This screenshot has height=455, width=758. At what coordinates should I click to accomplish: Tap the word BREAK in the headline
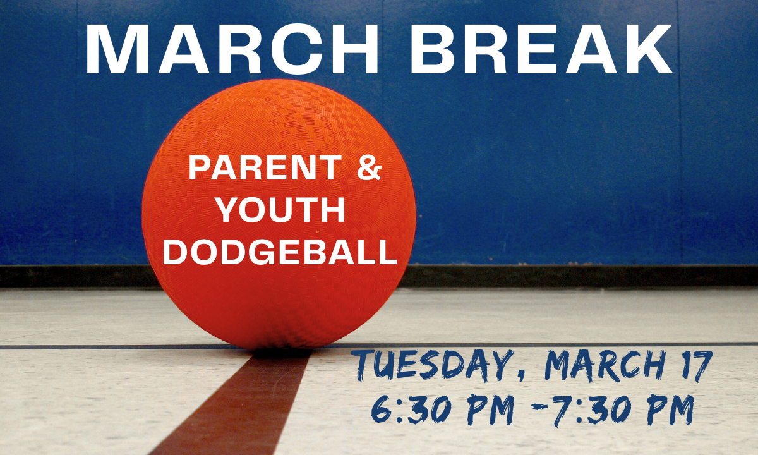click(541, 49)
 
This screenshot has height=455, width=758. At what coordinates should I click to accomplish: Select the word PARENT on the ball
click(265, 167)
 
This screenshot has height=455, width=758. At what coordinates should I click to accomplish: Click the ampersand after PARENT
click(369, 167)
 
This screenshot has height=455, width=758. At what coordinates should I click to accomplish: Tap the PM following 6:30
click(491, 409)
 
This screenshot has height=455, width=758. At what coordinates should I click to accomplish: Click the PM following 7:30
click(671, 409)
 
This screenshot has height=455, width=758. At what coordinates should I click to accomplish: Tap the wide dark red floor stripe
click(234, 403)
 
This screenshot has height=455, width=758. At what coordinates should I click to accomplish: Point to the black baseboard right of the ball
click(582, 276)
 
